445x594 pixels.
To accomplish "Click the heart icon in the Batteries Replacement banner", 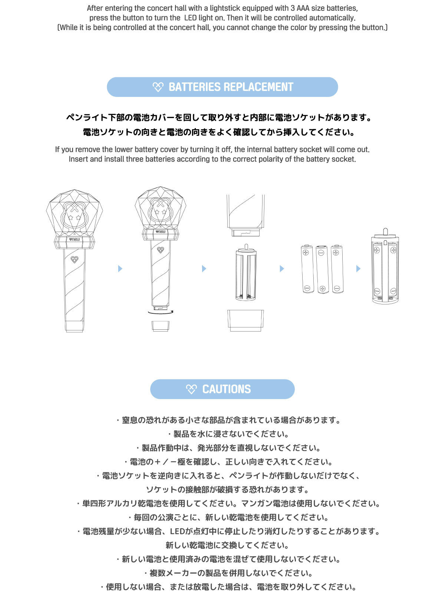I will coord(158,87).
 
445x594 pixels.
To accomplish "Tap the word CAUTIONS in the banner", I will coord(227,389).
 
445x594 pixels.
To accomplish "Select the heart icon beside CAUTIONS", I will coord(191,389).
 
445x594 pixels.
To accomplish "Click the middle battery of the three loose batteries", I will coord(322,269).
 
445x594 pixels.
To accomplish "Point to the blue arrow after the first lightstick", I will coord(120,268).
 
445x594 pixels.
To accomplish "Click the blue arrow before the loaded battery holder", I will coord(358,268).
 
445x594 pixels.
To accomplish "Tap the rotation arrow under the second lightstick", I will coord(160,313).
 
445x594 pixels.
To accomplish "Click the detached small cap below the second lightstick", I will coord(160,326).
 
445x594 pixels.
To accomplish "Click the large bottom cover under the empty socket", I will coord(245,320).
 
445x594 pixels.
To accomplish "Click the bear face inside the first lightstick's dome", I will coord(73,215).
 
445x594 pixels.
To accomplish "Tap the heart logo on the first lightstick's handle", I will coord(74,259).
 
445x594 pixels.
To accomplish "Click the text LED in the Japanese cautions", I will coord(177,531).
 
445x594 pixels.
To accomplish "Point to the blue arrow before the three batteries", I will coord(281,268).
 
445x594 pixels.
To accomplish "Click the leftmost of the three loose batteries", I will coord(307,269).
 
